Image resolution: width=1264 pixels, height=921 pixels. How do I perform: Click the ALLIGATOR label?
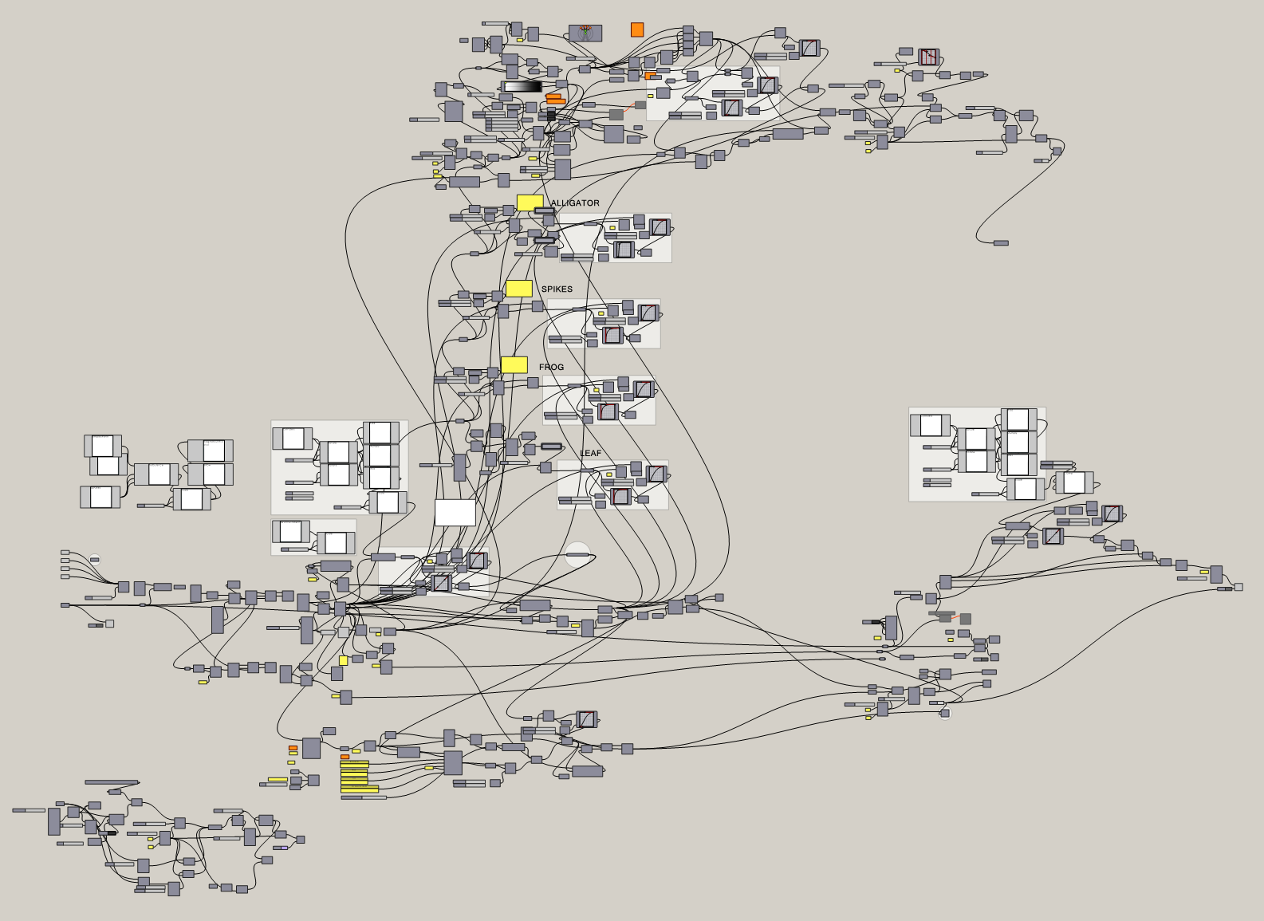(x=574, y=203)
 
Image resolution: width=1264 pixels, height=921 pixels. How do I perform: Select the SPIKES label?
(x=557, y=289)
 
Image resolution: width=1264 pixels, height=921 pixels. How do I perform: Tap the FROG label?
(x=551, y=368)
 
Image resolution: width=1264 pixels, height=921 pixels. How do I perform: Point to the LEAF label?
(x=591, y=454)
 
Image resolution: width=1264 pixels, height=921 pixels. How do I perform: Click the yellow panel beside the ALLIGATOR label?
(x=530, y=203)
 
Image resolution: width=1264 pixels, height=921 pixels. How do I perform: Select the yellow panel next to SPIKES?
(x=519, y=288)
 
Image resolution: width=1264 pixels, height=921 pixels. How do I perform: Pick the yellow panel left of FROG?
(x=514, y=364)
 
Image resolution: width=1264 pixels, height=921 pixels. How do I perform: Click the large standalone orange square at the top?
(x=637, y=30)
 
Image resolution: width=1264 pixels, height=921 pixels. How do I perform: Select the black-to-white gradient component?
(x=523, y=87)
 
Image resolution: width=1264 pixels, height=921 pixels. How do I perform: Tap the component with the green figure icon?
(x=585, y=33)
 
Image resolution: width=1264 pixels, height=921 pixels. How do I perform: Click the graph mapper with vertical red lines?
(x=928, y=57)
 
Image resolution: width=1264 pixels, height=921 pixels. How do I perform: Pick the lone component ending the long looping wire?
(x=1001, y=242)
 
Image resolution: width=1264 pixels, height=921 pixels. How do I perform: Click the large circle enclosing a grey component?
(x=577, y=554)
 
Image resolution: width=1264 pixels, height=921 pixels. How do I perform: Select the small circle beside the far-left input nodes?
(x=95, y=559)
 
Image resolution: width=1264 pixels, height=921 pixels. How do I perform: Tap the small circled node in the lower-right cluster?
(x=945, y=713)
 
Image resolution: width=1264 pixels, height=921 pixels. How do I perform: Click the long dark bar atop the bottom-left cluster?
(x=112, y=782)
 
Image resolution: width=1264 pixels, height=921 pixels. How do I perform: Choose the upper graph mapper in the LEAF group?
(x=656, y=474)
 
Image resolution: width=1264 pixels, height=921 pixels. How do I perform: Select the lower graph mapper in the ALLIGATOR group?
(x=624, y=250)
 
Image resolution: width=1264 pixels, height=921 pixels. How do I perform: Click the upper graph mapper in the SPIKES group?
(x=648, y=313)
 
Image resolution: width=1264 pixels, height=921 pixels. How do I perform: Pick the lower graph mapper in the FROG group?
(x=608, y=411)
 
